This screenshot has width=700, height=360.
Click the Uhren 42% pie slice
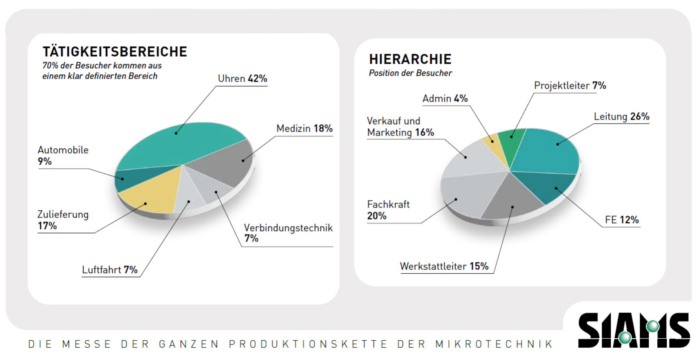[x=180, y=143]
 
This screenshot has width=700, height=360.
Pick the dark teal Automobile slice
[x=133, y=178]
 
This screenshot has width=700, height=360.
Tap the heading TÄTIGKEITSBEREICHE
[x=115, y=52]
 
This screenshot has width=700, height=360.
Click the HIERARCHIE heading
[x=410, y=59]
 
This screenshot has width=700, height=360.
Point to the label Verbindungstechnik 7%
[x=288, y=233]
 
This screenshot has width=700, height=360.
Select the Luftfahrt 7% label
[x=110, y=269]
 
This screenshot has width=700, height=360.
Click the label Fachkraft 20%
[x=388, y=210]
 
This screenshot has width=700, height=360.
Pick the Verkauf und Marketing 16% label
[x=400, y=127]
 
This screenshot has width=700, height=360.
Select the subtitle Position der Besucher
[x=410, y=73]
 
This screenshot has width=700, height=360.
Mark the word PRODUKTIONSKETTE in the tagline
[x=308, y=344]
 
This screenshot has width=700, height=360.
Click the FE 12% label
[x=622, y=220]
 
